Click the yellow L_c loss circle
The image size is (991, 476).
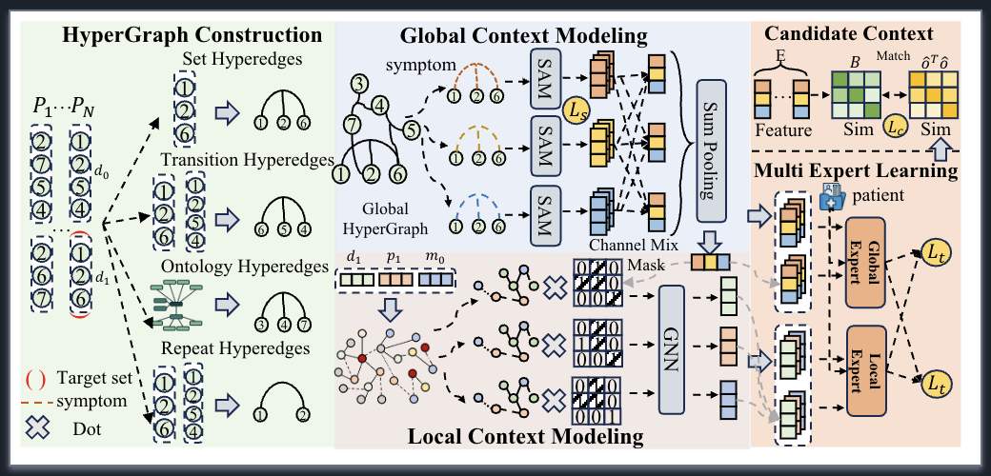(x=894, y=125)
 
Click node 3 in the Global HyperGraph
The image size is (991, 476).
(x=358, y=87)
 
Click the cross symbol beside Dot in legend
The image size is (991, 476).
(x=37, y=428)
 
